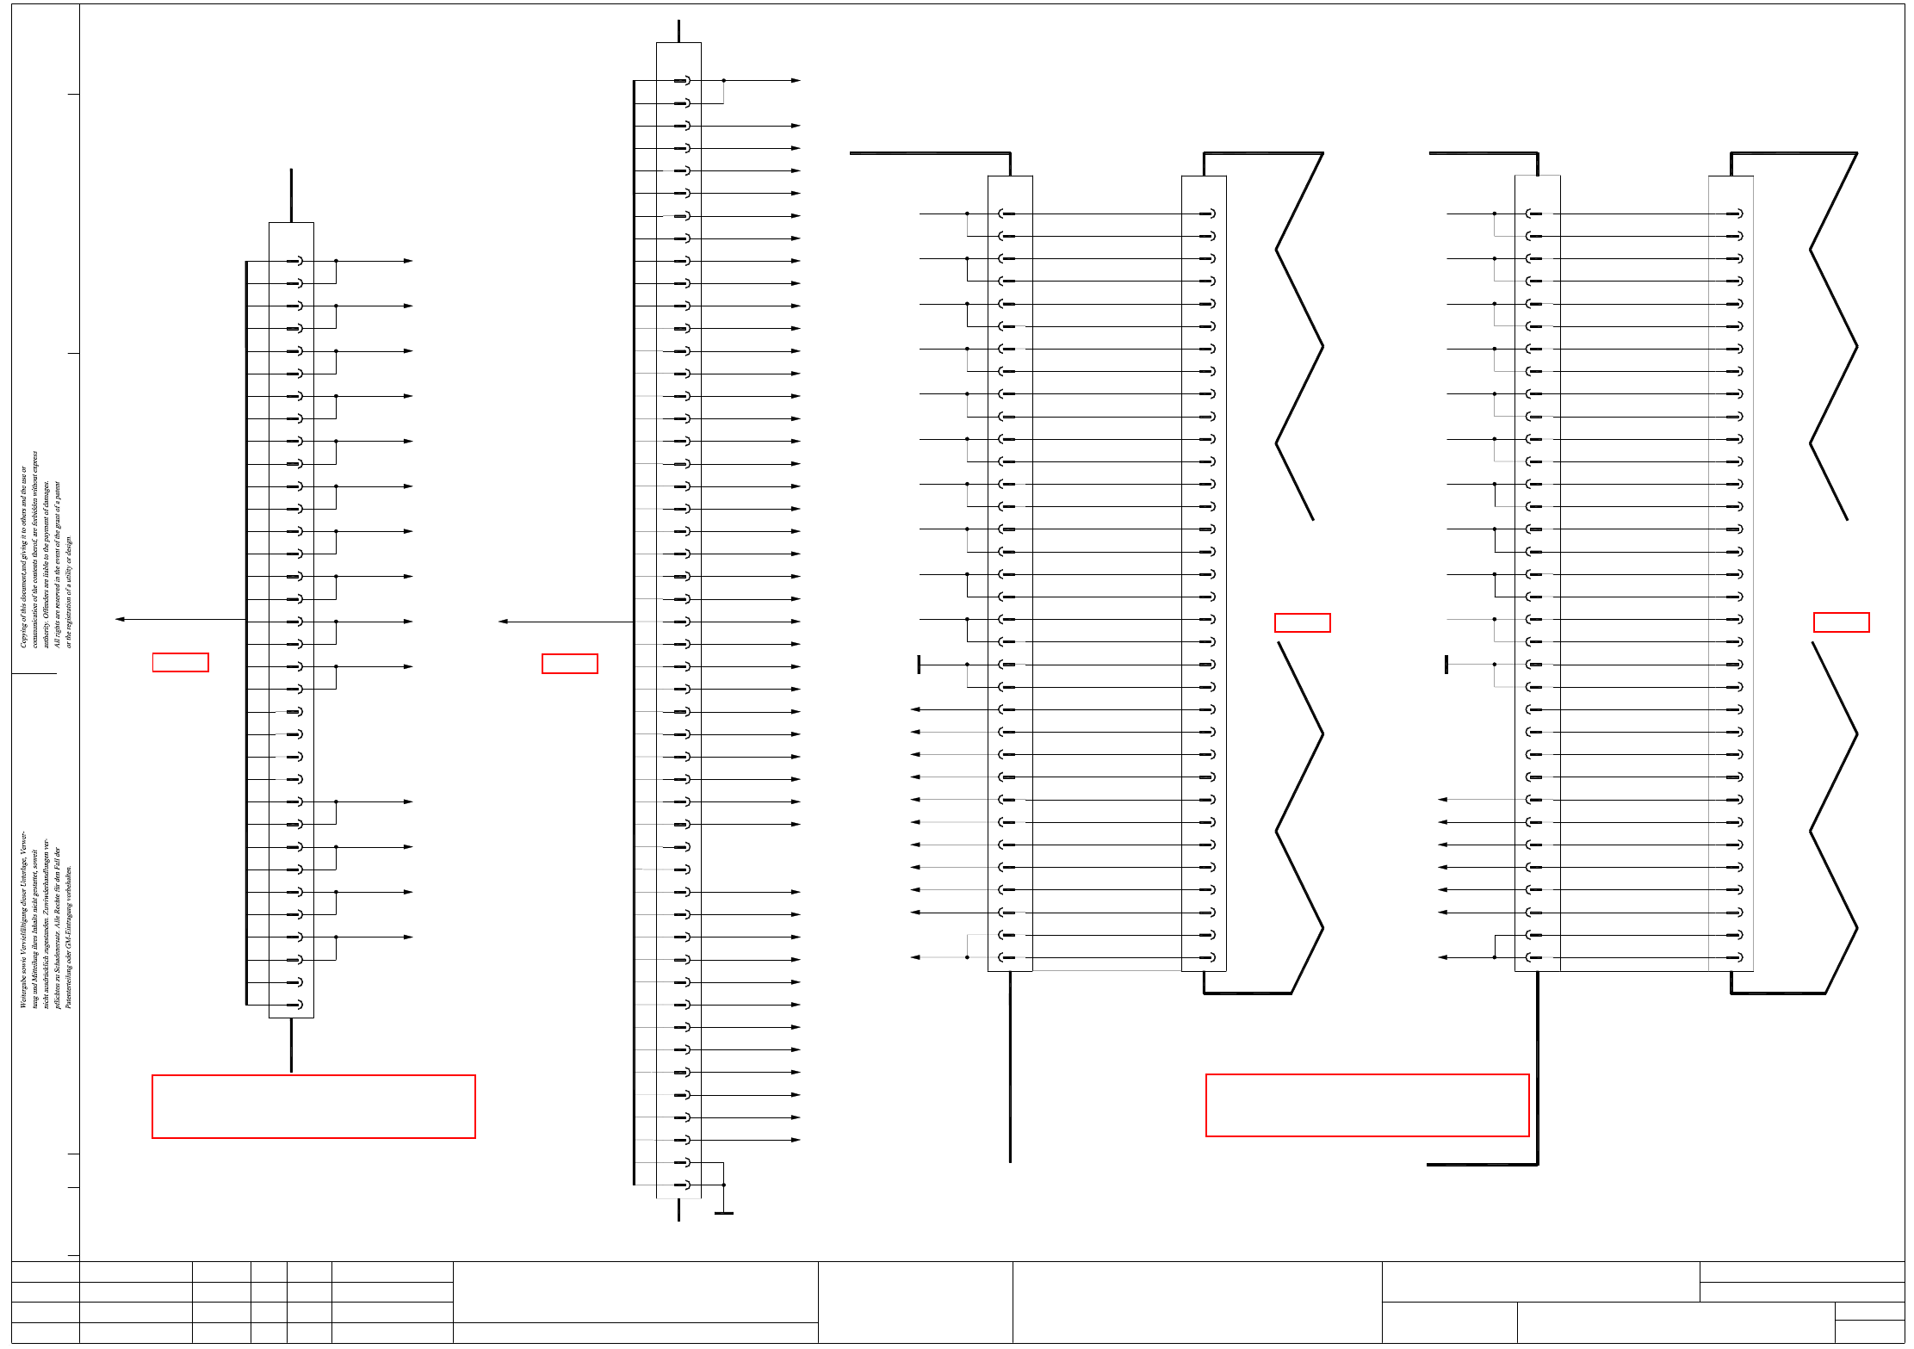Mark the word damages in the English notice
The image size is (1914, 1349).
tap(46, 497)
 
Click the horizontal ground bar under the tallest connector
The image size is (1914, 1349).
tap(723, 1213)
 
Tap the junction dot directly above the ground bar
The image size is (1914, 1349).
tap(723, 1185)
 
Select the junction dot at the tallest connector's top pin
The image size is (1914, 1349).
tap(723, 80)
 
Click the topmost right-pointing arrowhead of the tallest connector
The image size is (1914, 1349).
tap(796, 80)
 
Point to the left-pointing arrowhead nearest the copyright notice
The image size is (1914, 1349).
tap(120, 619)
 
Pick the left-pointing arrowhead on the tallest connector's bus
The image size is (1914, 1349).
tap(503, 621)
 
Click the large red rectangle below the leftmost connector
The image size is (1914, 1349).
tap(313, 1106)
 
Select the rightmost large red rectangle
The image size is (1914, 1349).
tap(1367, 1105)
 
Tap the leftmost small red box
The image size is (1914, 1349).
tap(181, 662)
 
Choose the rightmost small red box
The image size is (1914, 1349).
tap(1841, 622)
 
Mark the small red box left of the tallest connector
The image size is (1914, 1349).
tap(569, 664)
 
